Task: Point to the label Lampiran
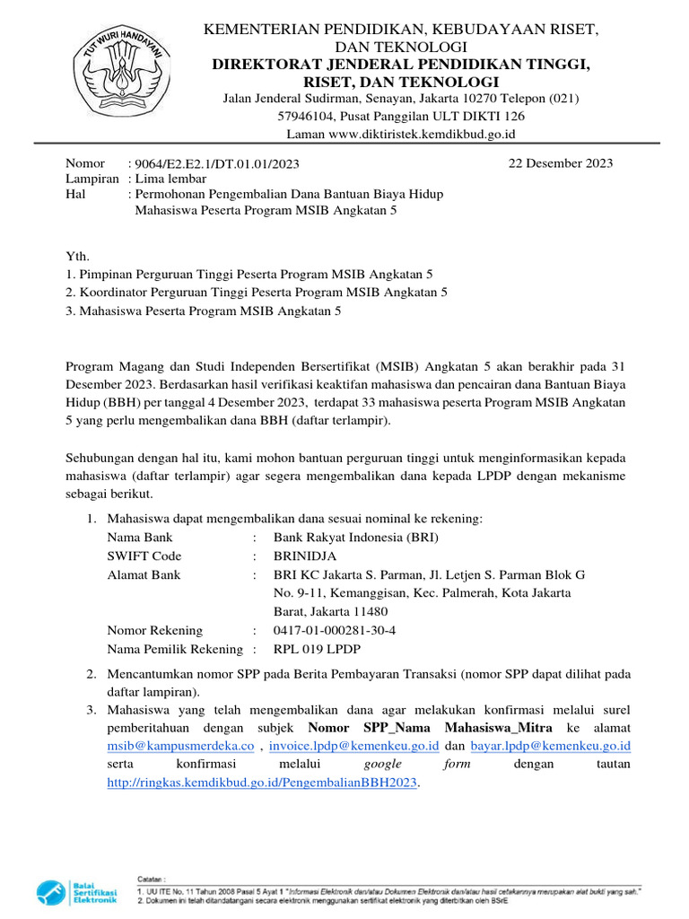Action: (92, 179)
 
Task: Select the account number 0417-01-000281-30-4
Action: (335, 630)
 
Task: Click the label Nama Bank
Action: (140, 538)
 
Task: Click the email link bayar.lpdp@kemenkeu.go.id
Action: (551, 746)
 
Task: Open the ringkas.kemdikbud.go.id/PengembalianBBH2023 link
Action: (263, 783)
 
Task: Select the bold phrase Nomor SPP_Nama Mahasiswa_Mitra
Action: (430, 727)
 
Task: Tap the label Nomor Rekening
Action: (154, 630)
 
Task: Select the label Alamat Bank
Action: (144, 574)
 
